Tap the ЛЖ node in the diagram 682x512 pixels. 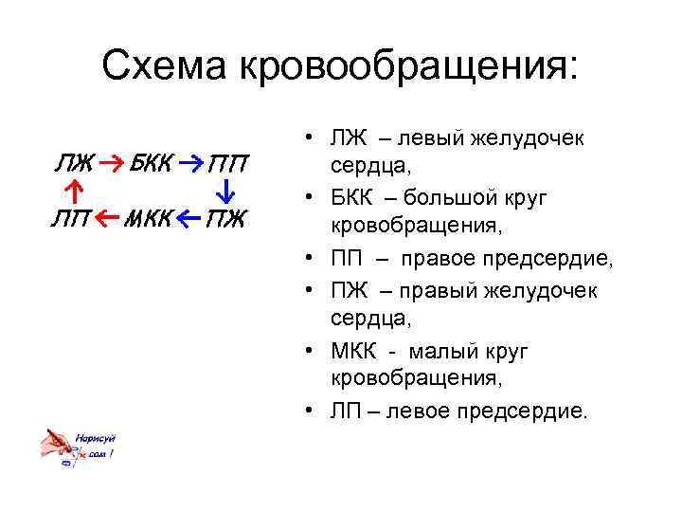click(x=73, y=163)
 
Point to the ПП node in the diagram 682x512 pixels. click(x=227, y=164)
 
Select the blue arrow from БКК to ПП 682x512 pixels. click(x=189, y=163)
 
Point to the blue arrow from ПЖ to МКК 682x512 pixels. click(x=189, y=221)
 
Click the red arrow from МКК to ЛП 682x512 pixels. click(x=108, y=221)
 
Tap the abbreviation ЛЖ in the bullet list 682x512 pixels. click(x=350, y=138)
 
